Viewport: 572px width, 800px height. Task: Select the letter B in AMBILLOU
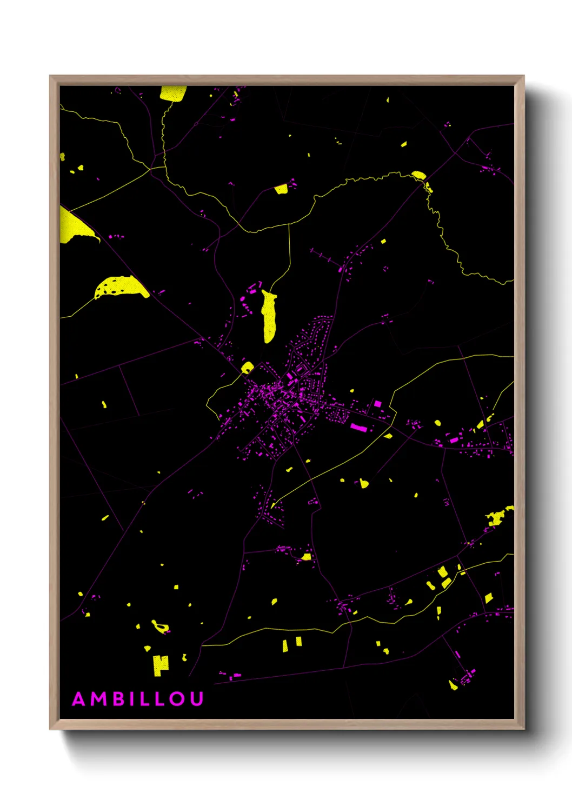[118, 699]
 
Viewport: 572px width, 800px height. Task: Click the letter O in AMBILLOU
[177, 699]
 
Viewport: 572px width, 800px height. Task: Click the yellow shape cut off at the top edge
[172, 93]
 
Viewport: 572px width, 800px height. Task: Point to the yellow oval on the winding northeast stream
[418, 175]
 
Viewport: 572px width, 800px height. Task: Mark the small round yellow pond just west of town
[247, 368]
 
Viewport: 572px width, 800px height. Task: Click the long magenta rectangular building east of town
[359, 428]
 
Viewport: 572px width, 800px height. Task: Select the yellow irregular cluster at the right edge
[498, 517]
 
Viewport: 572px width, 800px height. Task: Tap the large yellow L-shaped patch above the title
[160, 664]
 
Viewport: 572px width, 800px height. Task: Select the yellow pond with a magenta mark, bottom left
[160, 627]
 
